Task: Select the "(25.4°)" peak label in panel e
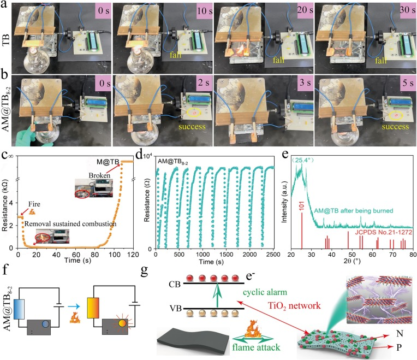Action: click(302, 160)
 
